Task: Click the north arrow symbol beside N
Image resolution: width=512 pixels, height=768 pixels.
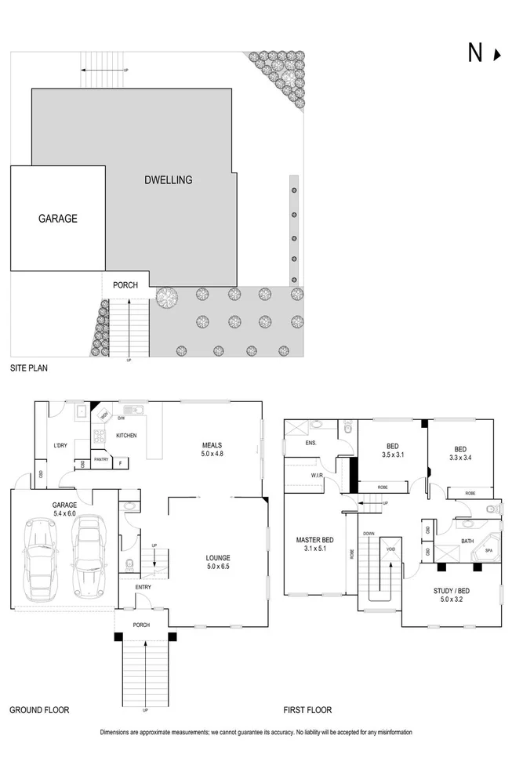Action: coord(496,54)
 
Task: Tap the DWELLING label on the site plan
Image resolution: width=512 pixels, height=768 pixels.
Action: coord(168,180)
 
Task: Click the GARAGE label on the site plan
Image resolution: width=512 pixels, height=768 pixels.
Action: coord(58,219)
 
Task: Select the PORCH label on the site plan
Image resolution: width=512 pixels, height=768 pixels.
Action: coord(125,285)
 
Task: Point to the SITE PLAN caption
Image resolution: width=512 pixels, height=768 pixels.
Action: coord(31,368)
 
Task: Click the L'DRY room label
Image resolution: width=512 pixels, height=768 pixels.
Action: coord(63,446)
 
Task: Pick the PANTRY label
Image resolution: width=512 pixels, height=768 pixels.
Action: coord(100,460)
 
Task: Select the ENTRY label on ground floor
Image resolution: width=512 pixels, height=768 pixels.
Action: coord(143,587)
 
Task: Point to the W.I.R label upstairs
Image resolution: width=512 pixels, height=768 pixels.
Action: coord(317,476)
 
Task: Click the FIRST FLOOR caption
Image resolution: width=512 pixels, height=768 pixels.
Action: coord(307,710)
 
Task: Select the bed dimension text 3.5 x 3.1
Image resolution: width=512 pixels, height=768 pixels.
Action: coord(391,455)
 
